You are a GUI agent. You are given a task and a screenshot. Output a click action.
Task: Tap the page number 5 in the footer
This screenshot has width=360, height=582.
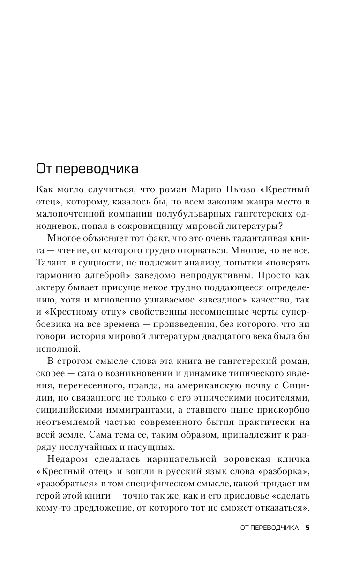click(307, 528)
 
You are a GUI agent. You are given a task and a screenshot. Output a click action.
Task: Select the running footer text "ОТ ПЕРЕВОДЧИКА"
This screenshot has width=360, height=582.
click(269, 528)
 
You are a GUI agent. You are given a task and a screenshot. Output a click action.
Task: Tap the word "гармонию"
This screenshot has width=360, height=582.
click(57, 274)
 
